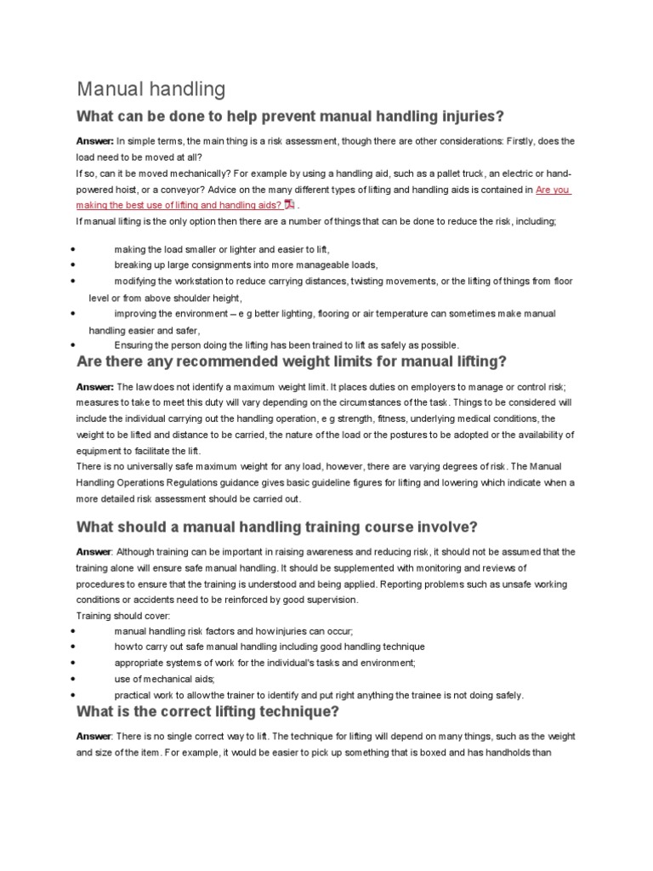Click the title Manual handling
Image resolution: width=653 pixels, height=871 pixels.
click(151, 88)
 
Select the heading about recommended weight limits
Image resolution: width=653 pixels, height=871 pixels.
click(292, 361)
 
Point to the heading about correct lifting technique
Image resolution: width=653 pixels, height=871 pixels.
click(208, 711)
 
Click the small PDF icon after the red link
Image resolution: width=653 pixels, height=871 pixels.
click(289, 205)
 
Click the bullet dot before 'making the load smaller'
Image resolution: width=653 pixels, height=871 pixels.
click(76, 248)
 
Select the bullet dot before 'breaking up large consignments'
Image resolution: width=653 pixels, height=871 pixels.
click(76, 265)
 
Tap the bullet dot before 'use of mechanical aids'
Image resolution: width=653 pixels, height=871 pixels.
click(76, 678)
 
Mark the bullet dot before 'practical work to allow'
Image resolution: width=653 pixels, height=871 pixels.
click(76, 694)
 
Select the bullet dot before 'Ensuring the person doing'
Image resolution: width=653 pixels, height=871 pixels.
click(76, 344)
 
